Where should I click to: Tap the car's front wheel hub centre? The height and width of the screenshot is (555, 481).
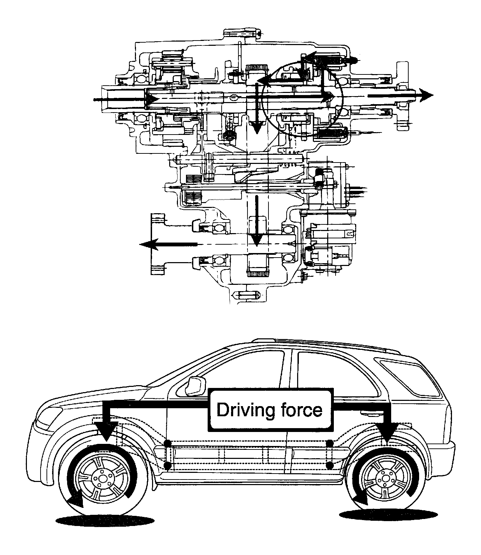(x=102, y=478)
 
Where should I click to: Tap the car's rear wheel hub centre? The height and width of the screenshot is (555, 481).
(x=385, y=477)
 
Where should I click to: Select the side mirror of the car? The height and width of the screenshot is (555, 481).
(x=195, y=386)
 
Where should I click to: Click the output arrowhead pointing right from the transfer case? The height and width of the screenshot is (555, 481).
(x=426, y=95)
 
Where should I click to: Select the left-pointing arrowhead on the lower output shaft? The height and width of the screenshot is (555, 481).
(x=147, y=244)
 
